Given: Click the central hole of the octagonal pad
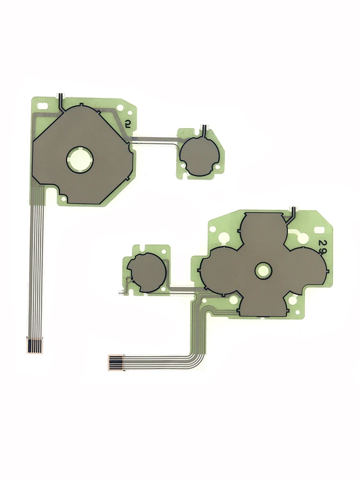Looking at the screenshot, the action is click(x=80, y=159).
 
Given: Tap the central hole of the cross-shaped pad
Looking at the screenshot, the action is click(x=264, y=271).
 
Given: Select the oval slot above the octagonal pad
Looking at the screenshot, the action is click(x=42, y=106).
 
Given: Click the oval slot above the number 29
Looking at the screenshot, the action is click(x=319, y=229).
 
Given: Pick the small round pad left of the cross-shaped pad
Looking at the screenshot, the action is click(x=146, y=273).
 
